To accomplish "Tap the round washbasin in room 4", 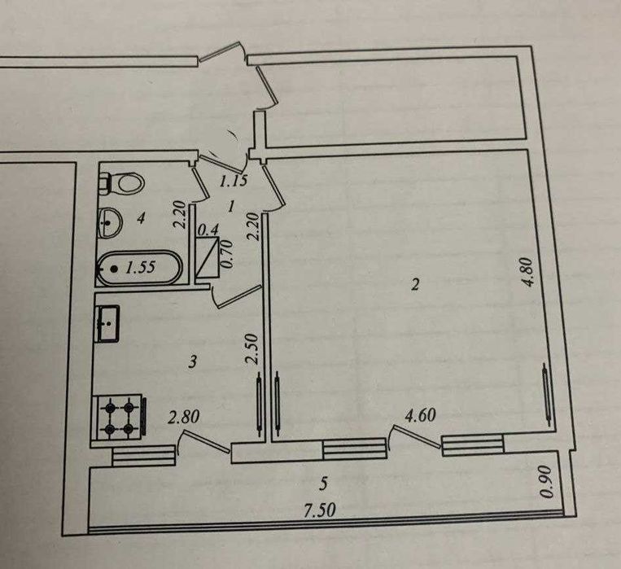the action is click(109, 222).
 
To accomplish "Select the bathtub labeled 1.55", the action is click(139, 268).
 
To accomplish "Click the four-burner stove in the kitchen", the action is click(118, 417).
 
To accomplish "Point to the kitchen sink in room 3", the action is click(107, 323).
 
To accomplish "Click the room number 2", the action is click(415, 285).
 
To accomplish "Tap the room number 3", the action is click(193, 361).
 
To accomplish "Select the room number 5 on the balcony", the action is click(324, 484).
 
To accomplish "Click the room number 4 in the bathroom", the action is click(141, 217).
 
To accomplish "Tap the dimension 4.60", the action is click(420, 415).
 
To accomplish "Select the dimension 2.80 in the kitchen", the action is click(183, 418).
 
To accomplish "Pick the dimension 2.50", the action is click(251, 348).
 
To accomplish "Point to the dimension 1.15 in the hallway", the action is click(234, 181).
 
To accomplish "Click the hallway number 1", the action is click(232, 206).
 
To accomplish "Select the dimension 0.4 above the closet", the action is click(208, 230).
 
